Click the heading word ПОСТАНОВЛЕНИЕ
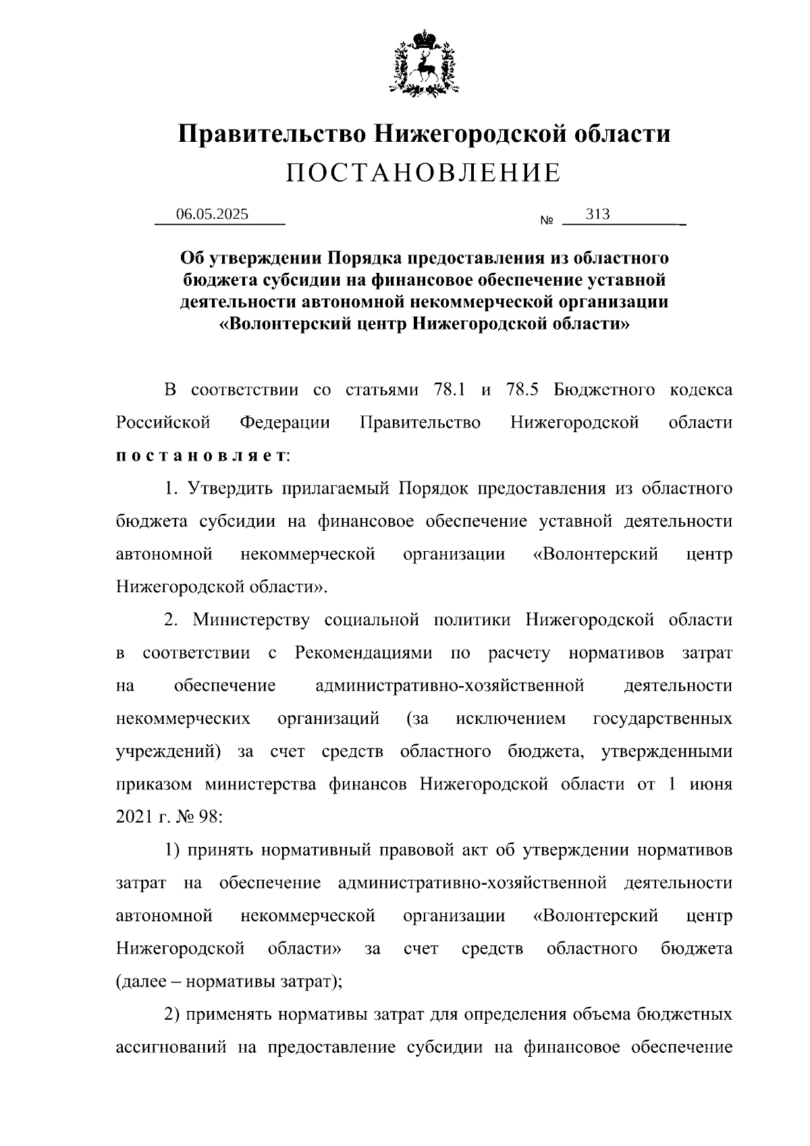[x=423, y=173]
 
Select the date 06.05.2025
[x=213, y=214]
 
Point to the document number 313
[x=598, y=214]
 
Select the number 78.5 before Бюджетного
[x=522, y=390]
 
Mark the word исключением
[x=511, y=719]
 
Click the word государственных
[x=662, y=719]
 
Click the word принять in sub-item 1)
[x=219, y=850]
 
